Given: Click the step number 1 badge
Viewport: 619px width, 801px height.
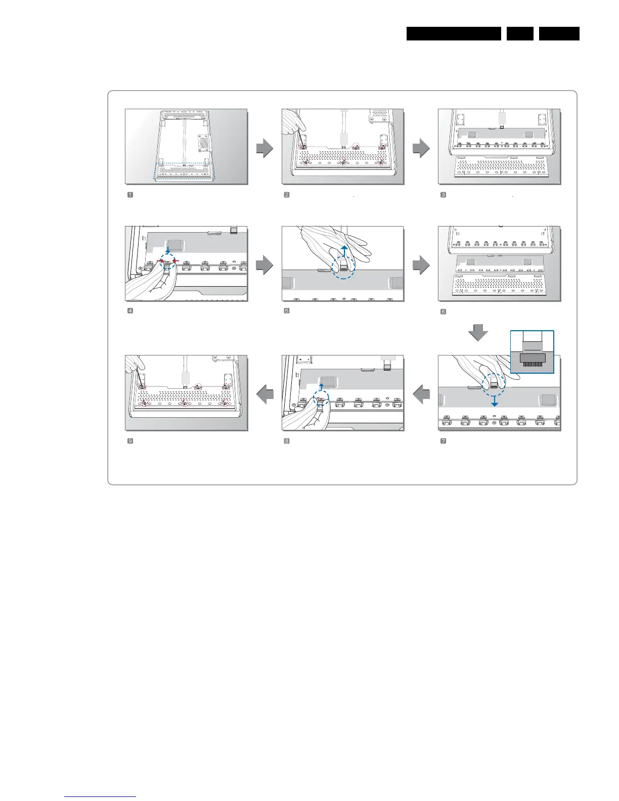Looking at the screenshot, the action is click(x=130, y=195).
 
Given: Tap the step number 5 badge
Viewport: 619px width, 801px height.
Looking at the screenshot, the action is click(x=287, y=311).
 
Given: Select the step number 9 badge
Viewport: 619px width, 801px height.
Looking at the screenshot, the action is click(x=130, y=441).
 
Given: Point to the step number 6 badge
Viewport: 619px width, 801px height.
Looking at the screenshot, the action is click(x=444, y=312).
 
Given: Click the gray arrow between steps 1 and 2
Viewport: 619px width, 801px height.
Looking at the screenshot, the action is click(x=265, y=149).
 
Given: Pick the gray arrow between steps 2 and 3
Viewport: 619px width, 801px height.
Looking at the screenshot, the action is click(x=421, y=149).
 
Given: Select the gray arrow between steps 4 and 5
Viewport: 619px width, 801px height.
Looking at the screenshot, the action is click(x=265, y=265).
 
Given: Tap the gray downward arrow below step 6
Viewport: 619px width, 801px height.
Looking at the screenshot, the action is click(x=478, y=332).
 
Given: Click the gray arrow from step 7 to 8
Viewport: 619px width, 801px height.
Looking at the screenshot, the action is click(x=421, y=394).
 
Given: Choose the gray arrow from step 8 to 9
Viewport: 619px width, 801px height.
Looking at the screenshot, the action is click(x=265, y=394).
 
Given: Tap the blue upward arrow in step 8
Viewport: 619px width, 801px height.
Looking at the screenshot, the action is click(x=321, y=388).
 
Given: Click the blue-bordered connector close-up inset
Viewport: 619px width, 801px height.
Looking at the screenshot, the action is click(x=532, y=351).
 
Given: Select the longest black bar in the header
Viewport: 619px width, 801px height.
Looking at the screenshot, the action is click(x=454, y=34).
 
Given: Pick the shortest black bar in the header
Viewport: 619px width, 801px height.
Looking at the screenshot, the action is click(x=519, y=34).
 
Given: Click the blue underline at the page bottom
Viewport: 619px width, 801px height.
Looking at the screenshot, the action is click(x=100, y=797).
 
